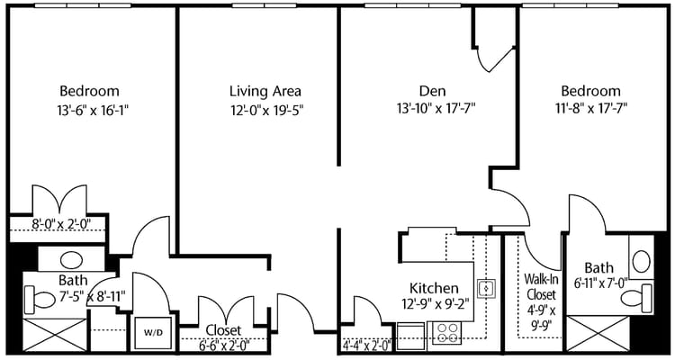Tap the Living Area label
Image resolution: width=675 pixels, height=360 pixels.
[x=265, y=91]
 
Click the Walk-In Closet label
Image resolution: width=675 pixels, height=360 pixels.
[x=541, y=285]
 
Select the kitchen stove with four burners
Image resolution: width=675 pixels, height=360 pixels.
[x=446, y=334]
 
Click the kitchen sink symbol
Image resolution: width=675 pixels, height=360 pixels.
[x=486, y=288]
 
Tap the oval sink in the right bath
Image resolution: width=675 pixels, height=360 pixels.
[x=642, y=261]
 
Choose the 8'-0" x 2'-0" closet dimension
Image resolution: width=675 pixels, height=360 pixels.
[x=57, y=224]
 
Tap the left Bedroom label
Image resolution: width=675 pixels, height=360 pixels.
[x=89, y=91]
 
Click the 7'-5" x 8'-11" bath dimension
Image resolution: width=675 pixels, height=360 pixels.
[x=80, y=295]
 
